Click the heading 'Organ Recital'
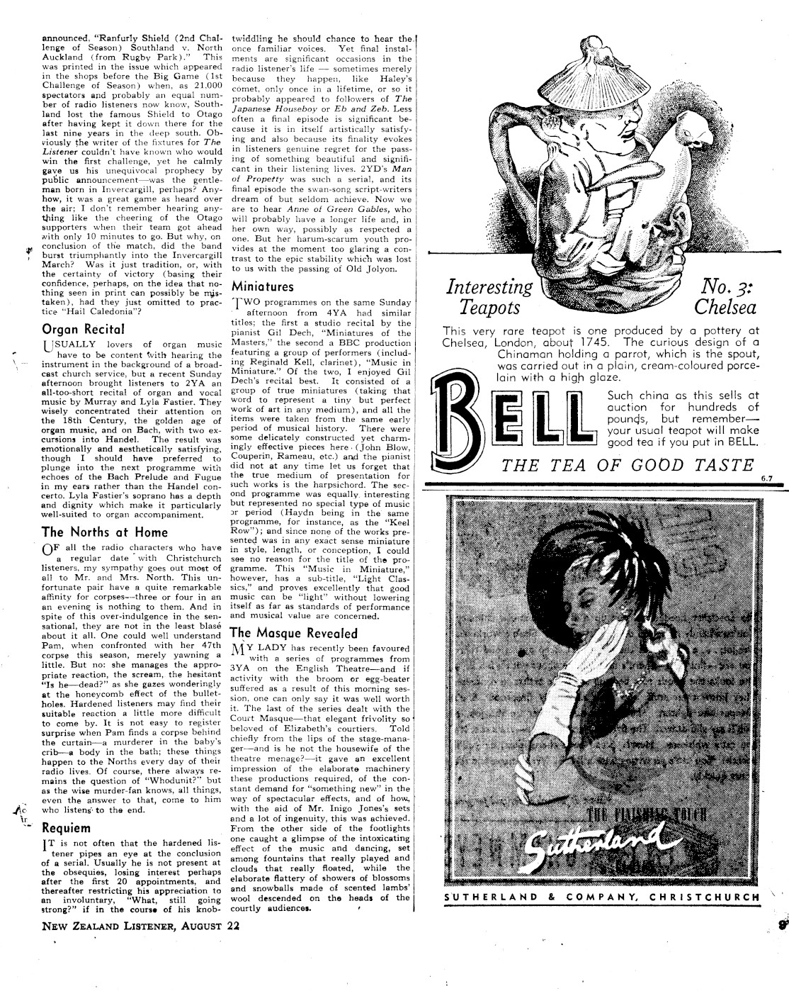(x=84, y=328)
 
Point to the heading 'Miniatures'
(x=262, y=287)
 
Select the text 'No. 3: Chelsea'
(x=725, y=297)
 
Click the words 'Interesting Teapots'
(x=489, y=297)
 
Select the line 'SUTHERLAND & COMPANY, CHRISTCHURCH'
(x=601, y=897)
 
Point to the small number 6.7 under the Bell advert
(x=766, y=478)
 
